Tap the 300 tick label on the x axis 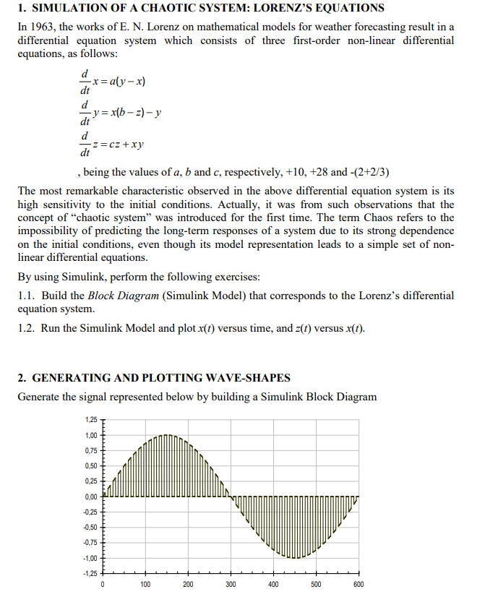click(x=231, y=585)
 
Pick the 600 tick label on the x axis click(x=359, y=585)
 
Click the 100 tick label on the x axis click(x=145, y=585)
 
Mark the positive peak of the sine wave click(x=167, y=436)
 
